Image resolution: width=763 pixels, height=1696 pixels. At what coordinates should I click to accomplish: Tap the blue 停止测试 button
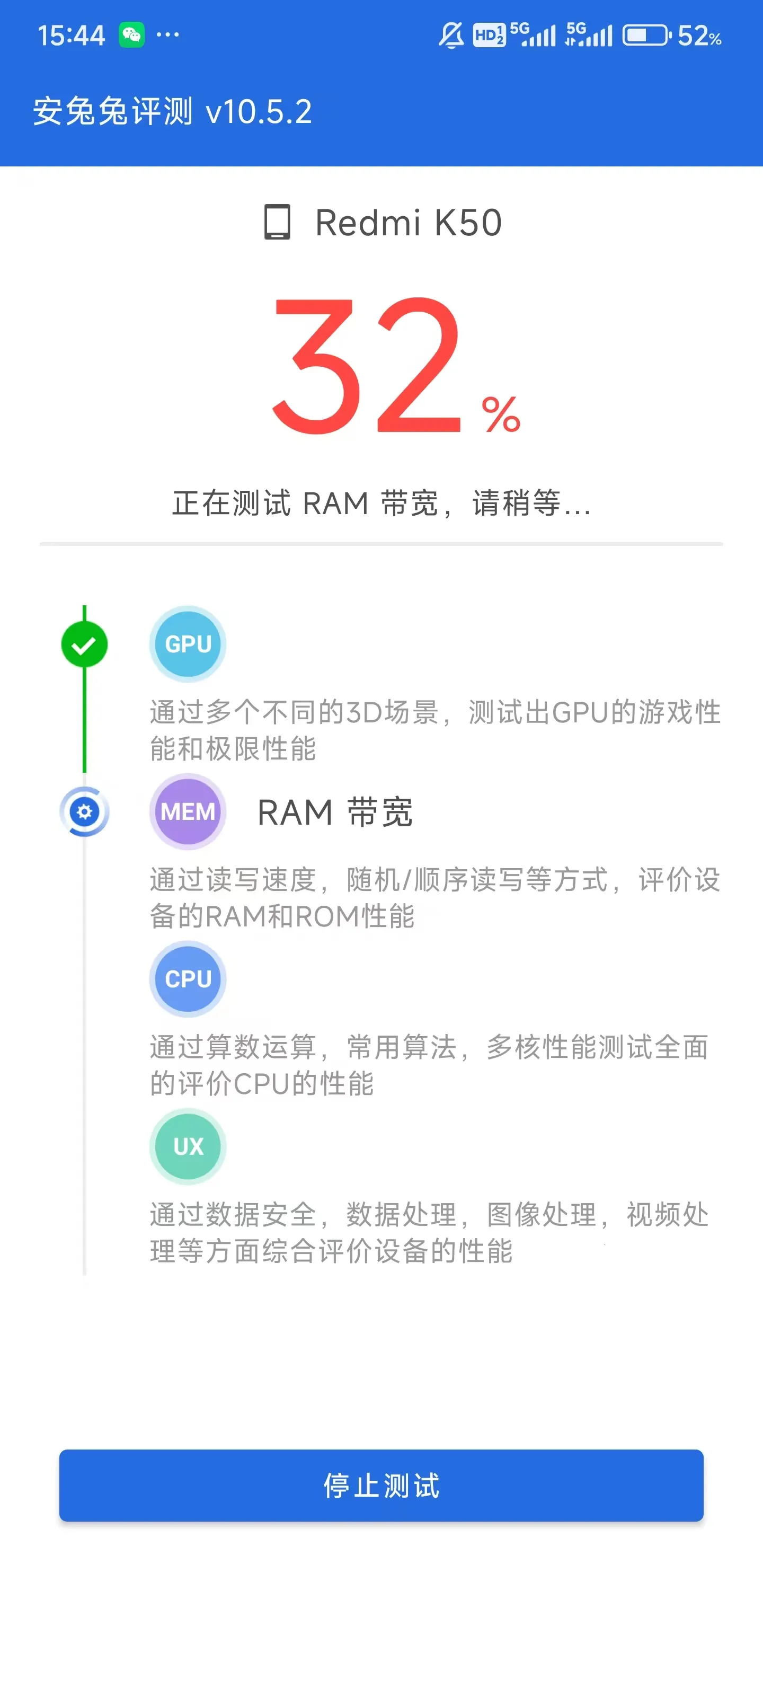click(x=381, y=1485)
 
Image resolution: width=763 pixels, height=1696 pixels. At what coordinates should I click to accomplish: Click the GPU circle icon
click(x=188, y=644)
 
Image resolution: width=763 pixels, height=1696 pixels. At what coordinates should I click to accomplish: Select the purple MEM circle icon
click(x=188, y=811)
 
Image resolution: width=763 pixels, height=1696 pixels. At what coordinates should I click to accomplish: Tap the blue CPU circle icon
click(x=188, y=979)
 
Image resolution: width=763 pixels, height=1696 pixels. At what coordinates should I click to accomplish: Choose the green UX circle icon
click(x=188, y=1146)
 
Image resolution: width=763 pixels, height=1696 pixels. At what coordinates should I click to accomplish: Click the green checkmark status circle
click(x=84, y=644)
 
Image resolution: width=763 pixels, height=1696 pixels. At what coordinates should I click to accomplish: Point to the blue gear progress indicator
click(x=84, y=811)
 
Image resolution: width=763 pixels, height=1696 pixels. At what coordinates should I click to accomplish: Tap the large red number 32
click(x=366, y=366)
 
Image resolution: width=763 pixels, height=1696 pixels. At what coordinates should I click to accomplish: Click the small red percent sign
click(x=501, y=415)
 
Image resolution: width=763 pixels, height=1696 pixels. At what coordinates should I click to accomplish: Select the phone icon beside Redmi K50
click(x=277, y=222)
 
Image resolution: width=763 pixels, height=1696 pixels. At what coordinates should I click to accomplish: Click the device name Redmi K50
click(x=408, y=223)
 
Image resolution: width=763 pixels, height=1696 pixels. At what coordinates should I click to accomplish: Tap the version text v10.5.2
click(x=259, y=112)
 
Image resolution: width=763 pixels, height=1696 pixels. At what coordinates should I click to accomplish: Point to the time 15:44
click(x=71, y=36)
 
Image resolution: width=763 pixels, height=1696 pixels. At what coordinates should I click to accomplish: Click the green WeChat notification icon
click(x=131, y=34)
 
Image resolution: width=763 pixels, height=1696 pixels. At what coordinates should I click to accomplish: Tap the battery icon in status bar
click(x=645, y=35)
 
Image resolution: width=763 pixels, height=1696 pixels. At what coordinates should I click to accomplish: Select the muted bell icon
click(x=451, y=35)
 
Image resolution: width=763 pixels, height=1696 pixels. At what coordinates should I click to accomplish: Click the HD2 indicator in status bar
click(x=489, y=35)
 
